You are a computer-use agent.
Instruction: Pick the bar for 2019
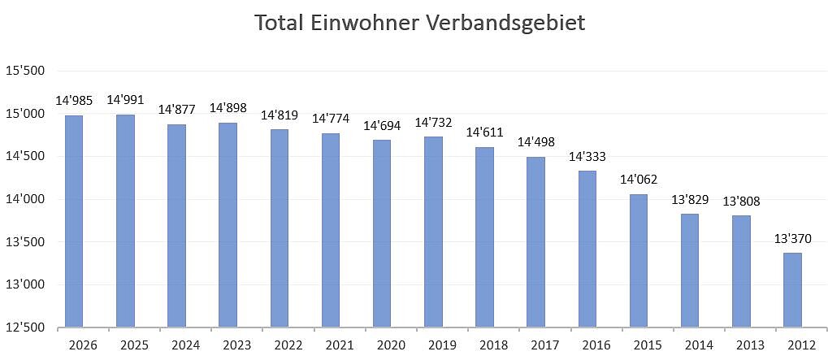[x=434, y=232]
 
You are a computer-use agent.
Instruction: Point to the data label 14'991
[x=125, y=100]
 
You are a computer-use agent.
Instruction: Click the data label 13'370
[x=793, y=239]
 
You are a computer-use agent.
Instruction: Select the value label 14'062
[x=639, y=180]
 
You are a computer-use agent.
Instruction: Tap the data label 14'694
[x=382, y=125]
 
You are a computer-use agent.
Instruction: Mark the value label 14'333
[x=587, y=156]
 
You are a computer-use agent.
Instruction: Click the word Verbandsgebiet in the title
[x=505, y=23]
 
